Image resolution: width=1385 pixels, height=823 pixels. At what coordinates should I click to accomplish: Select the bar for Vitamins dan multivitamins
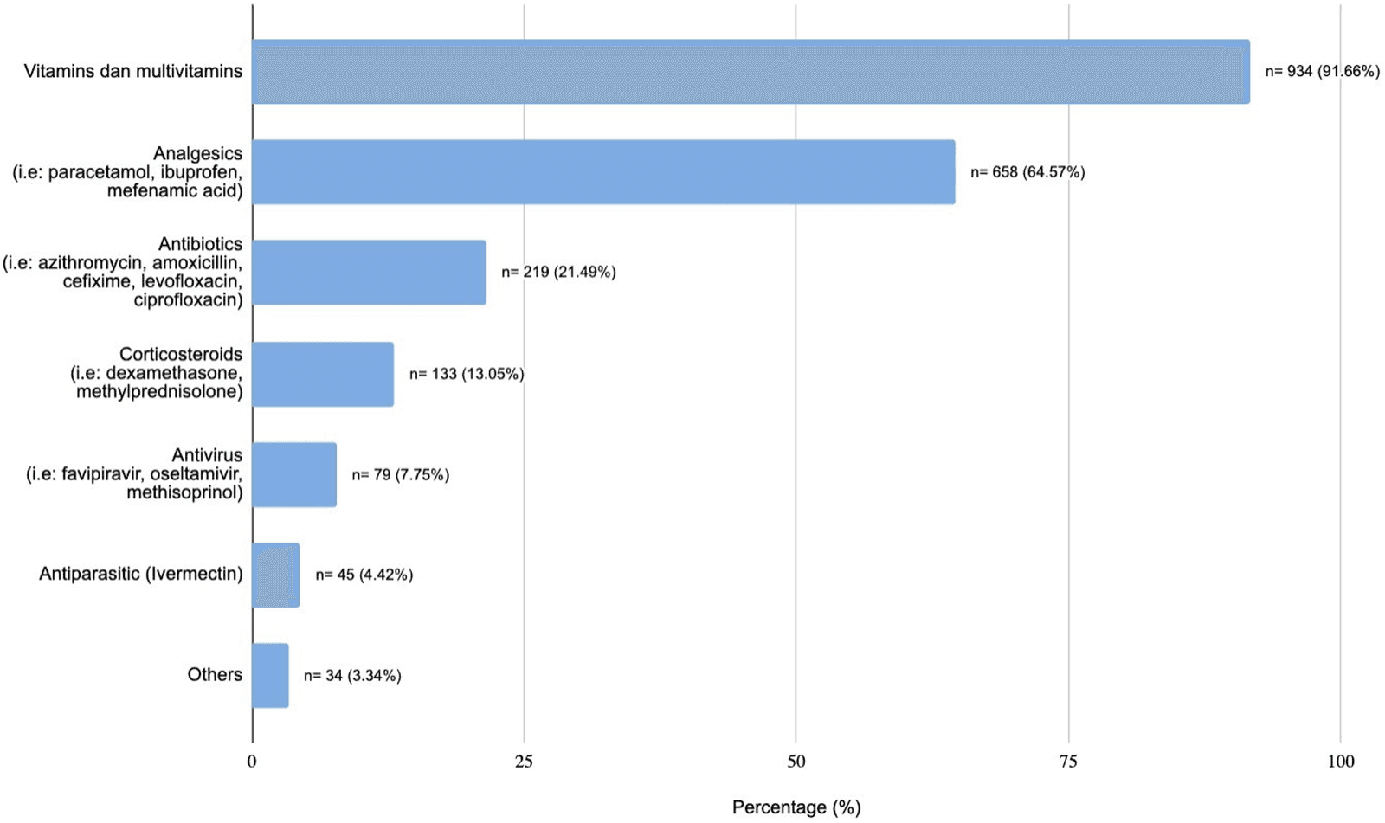(x=750, y=72)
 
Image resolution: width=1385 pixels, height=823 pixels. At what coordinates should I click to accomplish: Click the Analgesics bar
(x=603, y=172)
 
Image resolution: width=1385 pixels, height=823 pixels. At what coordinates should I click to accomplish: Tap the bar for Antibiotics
(x=369, y=273)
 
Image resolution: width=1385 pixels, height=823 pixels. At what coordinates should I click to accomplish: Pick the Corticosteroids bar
(x=323, y=374)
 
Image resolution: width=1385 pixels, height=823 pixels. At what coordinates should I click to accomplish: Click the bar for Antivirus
(x=294, y=474)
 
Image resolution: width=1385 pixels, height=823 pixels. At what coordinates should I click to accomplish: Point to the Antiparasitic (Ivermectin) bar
(x=275, y=575)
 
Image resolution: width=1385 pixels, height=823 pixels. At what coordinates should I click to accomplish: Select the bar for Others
(x=270, y=676)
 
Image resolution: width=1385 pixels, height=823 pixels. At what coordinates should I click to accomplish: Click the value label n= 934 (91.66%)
(x=1322, y=72)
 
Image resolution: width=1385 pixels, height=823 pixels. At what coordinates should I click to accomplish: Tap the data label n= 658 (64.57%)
(x=1027, y=172)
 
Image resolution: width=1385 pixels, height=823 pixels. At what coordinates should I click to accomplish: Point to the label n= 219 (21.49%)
(x=558, y=273)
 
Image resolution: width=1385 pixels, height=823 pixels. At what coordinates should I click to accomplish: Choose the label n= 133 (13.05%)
(x=467, y=374)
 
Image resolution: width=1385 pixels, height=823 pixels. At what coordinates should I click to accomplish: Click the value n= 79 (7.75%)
(x=400, y=475)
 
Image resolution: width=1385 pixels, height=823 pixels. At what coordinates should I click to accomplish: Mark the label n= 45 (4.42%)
(x=364, y=575)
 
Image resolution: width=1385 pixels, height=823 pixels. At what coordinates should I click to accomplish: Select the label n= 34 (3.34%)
(x=352, y=676)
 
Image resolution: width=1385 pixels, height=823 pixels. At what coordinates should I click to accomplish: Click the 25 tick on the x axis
(x=524, y=762)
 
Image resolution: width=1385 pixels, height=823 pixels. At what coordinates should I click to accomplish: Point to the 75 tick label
(x=1068, y=762)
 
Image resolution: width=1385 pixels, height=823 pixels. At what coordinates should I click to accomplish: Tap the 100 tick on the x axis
(x=1340, y=762)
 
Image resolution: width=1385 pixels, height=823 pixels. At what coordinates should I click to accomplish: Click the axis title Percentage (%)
(x=796, y=807)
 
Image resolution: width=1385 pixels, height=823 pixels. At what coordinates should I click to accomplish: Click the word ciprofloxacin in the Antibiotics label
(x=188, y=300)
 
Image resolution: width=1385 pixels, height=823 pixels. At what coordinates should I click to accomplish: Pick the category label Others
(x=215, y=675)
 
